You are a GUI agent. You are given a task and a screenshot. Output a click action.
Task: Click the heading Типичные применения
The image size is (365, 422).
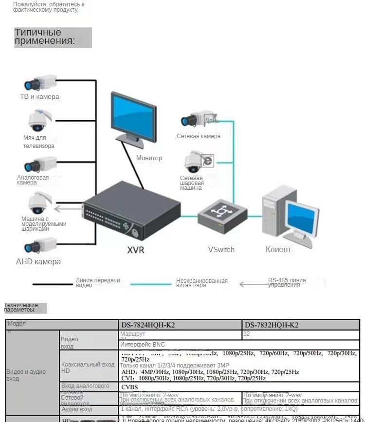[45, 37]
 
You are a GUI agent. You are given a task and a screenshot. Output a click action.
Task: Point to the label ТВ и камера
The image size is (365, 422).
[39, 96]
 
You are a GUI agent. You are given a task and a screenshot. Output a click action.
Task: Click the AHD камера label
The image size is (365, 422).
[38, 261]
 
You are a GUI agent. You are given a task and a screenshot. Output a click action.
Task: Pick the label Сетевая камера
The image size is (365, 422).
[199, 136]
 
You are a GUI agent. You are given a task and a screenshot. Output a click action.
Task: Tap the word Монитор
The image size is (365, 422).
[149, 158]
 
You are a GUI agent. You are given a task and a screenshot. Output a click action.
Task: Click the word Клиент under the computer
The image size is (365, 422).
[278, 249]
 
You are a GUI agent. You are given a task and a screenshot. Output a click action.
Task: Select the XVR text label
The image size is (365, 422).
[136, 250]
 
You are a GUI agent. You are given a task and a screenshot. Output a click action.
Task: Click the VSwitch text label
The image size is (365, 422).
[221, 250]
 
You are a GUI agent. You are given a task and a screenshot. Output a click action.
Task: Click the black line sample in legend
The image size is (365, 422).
[53, 284]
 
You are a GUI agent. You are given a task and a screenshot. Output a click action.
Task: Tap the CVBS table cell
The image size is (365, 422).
[129, 387]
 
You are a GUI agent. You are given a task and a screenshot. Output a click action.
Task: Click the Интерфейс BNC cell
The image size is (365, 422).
[143, 345]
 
